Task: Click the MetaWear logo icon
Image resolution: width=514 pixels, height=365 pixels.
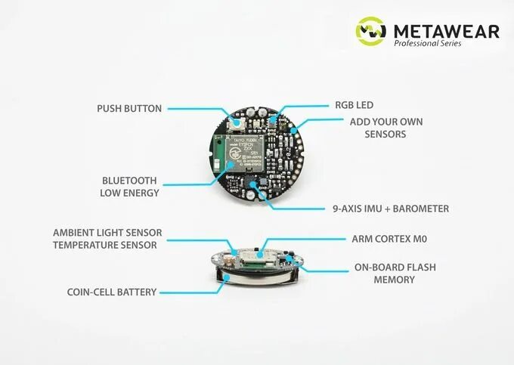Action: click(x=373, y=31)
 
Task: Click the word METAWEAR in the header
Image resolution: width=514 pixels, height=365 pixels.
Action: click(x=446, y=30)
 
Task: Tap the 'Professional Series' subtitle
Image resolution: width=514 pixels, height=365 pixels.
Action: click(x=427, y=44)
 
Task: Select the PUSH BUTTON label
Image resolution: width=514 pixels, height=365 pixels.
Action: click(x=129, y=108)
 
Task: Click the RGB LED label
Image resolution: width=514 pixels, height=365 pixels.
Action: click(x=354, y=105)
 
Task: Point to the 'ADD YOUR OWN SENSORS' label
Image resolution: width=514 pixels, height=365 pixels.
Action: click(x=385, y=128)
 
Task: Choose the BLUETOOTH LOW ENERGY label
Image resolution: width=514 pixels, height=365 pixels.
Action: click(x=129, y=187)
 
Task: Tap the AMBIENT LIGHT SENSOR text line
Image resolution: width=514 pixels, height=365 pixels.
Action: click(x=107, y=232)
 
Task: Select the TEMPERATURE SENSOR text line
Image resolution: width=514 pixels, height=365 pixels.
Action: click(x=105, y=244)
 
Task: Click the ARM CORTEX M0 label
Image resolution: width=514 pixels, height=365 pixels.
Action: click(x=389, y=239)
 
